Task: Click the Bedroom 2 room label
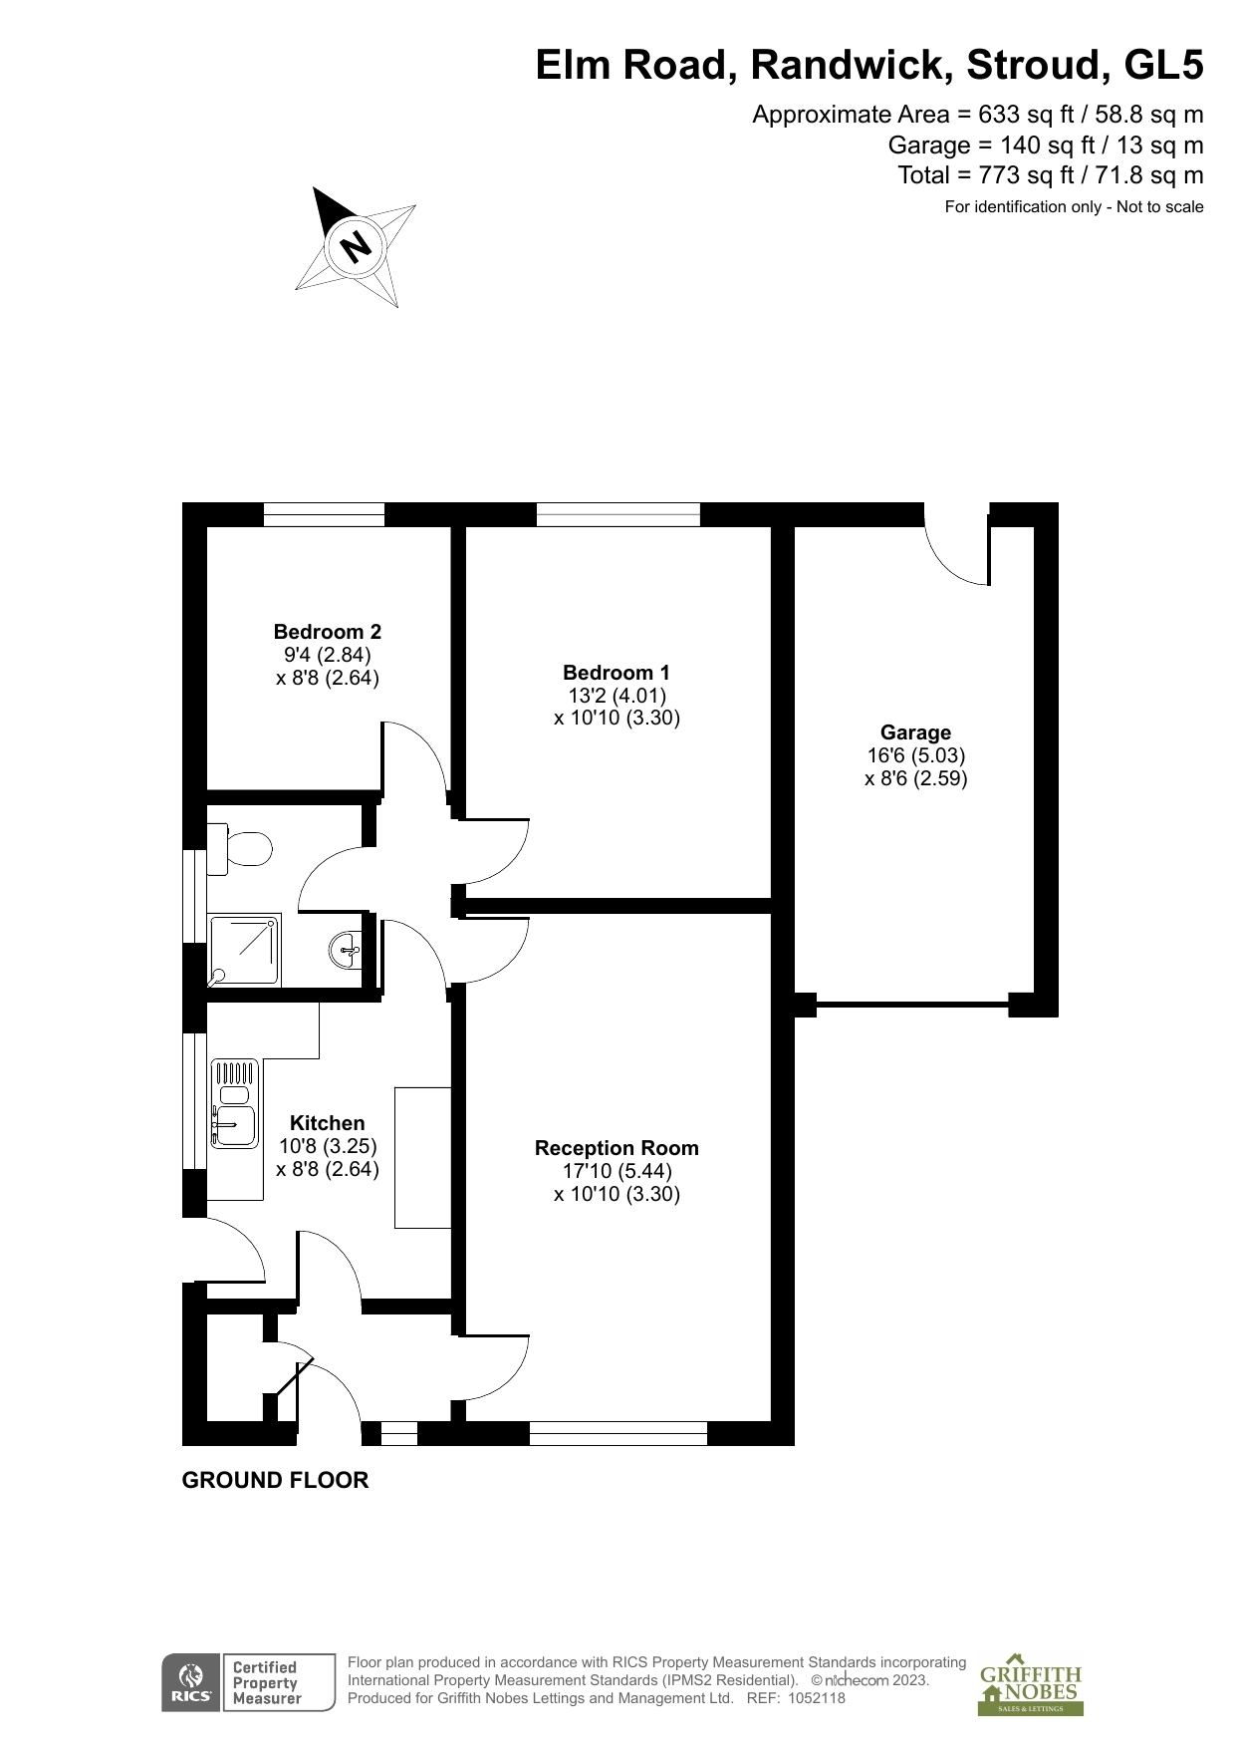pyautogui.click(x=327, y=632)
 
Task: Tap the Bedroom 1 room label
pyautogui.click(x=616, y=673)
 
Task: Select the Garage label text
pyautogui.click(x=915, y=732)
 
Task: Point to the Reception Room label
pyautogui.click(x=617, y=1148)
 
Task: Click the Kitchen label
pyautogui.click(x=327, y=1123)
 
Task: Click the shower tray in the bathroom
pyautogui.click(x=244, y=951)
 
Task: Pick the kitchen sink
pyautogui.click(x=235, y=1105)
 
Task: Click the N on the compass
pyautogui.click(x=356, y=245)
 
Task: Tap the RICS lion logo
pyautogui.click(x=190, y=1684)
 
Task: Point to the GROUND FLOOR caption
pyautogui.click(x=275, y=1481)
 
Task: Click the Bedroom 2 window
pyautogui.click(x=324, y=514)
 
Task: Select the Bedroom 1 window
pyautogui.click(x=618, y=514)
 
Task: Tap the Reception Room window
pyautogui.click(x=618, y=1433)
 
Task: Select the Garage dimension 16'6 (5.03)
pyautogui.click(x=916, y=755)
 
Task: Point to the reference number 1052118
pyautogui.click(x=817, y=1698)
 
